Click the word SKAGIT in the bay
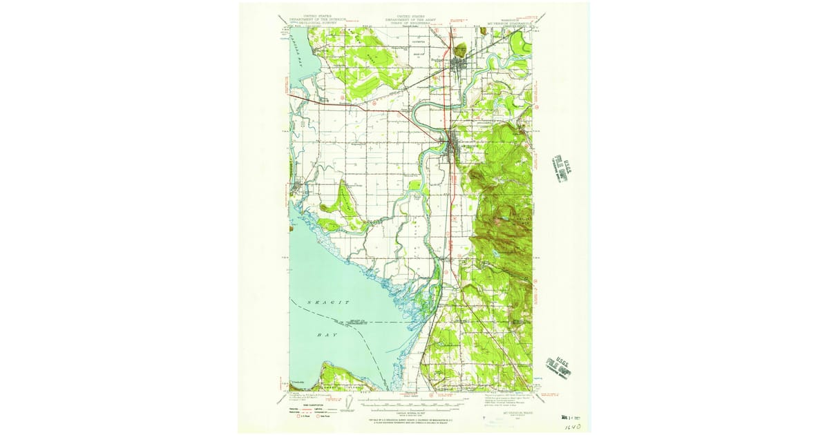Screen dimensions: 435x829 329,303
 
